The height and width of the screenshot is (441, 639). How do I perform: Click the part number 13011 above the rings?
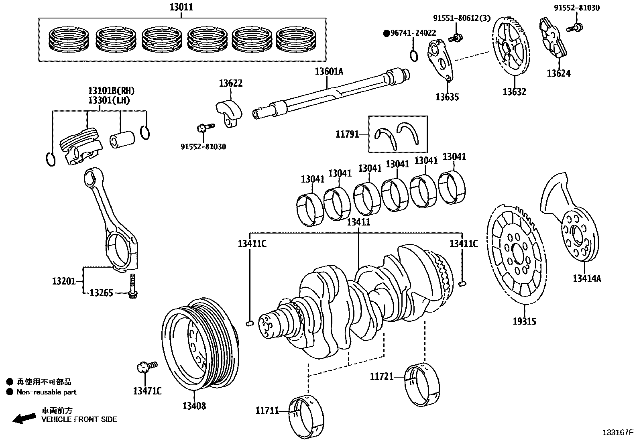[181, 7]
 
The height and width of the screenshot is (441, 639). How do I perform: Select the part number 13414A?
[587, 278]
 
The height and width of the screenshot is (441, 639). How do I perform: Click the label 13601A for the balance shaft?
[329, 72]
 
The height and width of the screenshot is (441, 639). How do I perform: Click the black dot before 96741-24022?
[386, 33]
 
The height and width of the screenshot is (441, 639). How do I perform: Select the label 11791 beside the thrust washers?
[347, 134]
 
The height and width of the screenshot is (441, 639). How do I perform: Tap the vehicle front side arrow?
[24, 418]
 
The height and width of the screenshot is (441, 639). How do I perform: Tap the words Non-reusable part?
[46, 392]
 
